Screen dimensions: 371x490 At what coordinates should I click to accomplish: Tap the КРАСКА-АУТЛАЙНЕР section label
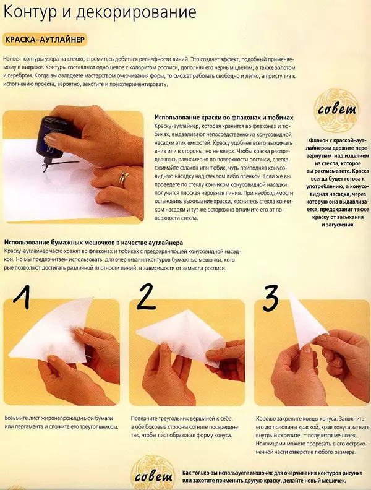click(x=45, y=40)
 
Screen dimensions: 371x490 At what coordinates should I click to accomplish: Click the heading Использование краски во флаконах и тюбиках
click(x=224, y=118)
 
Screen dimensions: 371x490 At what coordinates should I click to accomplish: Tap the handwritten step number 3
click(x=270, y=298)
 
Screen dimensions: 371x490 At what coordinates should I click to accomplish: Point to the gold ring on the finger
click(x=122, y=179)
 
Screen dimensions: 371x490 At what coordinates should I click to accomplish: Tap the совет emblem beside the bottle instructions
click(x=336, y=110)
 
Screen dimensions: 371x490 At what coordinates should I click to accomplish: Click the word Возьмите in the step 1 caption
click(x=16, y=419)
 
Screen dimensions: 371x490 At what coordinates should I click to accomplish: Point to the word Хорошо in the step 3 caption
click(x=265, y=419)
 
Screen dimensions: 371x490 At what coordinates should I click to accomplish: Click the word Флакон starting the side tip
click(x=318, y=140)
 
